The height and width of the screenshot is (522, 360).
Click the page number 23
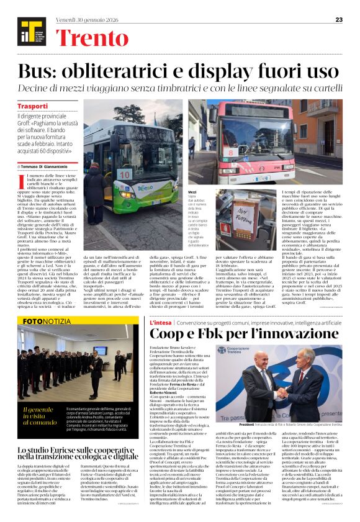point(339,20)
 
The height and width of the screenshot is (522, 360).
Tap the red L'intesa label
point(160,323)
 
